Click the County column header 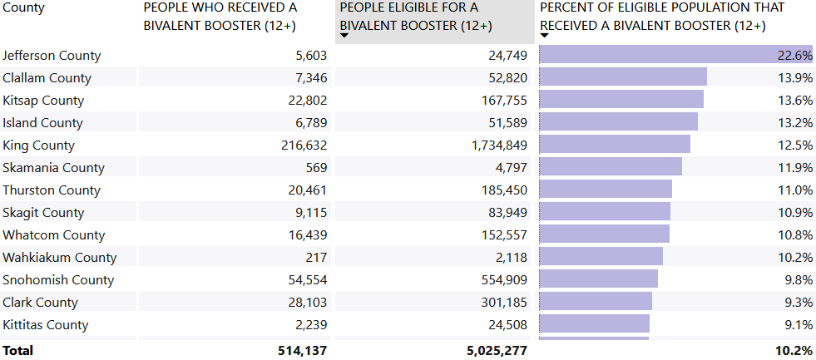click(x=23, y=7)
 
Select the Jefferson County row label click(x=52, y=56)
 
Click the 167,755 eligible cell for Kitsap click(x=504, y=101)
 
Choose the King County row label click(x=38, y=145)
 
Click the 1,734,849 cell click(x=497, y=145)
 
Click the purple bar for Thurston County click(x=606, y=190)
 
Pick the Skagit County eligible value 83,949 click(x=508, y=213)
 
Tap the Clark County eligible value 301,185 click(x=504, y=303)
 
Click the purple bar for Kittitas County click(x=594, y=325)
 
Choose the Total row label click(x=18, y=351)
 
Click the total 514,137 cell click(x=302, y=351)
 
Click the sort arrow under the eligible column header click(x=344, y=36)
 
